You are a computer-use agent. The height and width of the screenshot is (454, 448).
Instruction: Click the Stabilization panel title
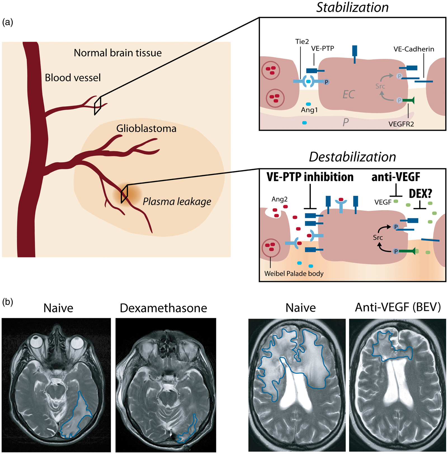352,7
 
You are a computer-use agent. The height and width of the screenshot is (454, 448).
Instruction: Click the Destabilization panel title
352,157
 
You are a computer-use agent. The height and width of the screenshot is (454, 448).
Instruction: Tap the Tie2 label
302,42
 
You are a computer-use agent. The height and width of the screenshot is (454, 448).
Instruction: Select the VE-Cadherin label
414,49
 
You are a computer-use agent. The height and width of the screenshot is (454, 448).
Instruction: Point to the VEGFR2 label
401,124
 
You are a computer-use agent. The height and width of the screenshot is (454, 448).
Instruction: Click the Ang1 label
309,110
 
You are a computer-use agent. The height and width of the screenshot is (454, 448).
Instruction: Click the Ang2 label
279,199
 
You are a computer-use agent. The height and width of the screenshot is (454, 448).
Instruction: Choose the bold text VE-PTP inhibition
310,177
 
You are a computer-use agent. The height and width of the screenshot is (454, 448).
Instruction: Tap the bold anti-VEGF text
396,177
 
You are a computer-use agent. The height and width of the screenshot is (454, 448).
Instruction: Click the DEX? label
421,193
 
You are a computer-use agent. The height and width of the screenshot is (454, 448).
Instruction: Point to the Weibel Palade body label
294,274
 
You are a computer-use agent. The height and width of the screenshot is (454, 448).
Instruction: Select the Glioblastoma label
146,129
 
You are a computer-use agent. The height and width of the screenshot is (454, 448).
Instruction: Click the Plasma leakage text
177,201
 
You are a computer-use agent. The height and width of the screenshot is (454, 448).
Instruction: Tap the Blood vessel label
73,78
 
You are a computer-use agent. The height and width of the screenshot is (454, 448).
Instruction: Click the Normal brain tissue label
118,53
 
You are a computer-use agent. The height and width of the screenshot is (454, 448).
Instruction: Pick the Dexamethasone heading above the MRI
163,308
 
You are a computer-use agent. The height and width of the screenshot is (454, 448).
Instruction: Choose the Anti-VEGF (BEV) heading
398,307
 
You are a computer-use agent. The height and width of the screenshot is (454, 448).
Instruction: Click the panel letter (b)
8,302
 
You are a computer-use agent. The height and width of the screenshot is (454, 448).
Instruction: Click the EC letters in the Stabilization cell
349,94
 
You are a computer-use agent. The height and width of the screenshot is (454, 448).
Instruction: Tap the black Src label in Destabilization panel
378,237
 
